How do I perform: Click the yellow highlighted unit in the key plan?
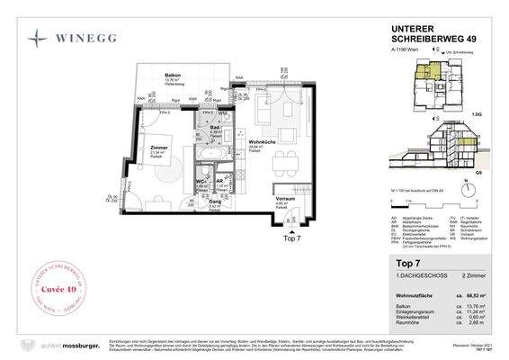(x=435, y=68)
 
